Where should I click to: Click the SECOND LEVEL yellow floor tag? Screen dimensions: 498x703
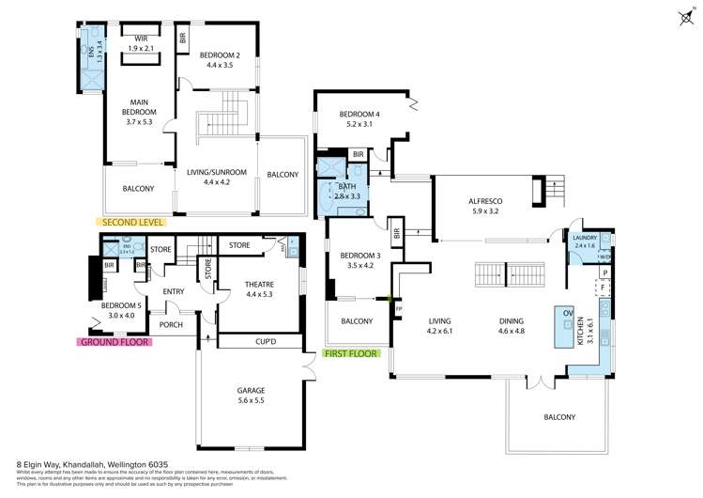[x=130, y=223]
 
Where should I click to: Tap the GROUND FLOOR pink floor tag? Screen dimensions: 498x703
[x=117, y=342]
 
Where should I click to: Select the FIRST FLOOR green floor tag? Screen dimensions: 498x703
[x=350, y=354]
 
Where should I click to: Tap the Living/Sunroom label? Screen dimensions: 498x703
[x=216, y=178]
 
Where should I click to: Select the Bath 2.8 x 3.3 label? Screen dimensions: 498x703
[x=347, y=192]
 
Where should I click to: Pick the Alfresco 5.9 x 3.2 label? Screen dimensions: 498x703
[x=487, y=206]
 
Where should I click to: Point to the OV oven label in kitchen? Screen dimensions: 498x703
[x=568, y=312]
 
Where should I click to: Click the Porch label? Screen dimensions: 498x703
[x=170, y=325]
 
